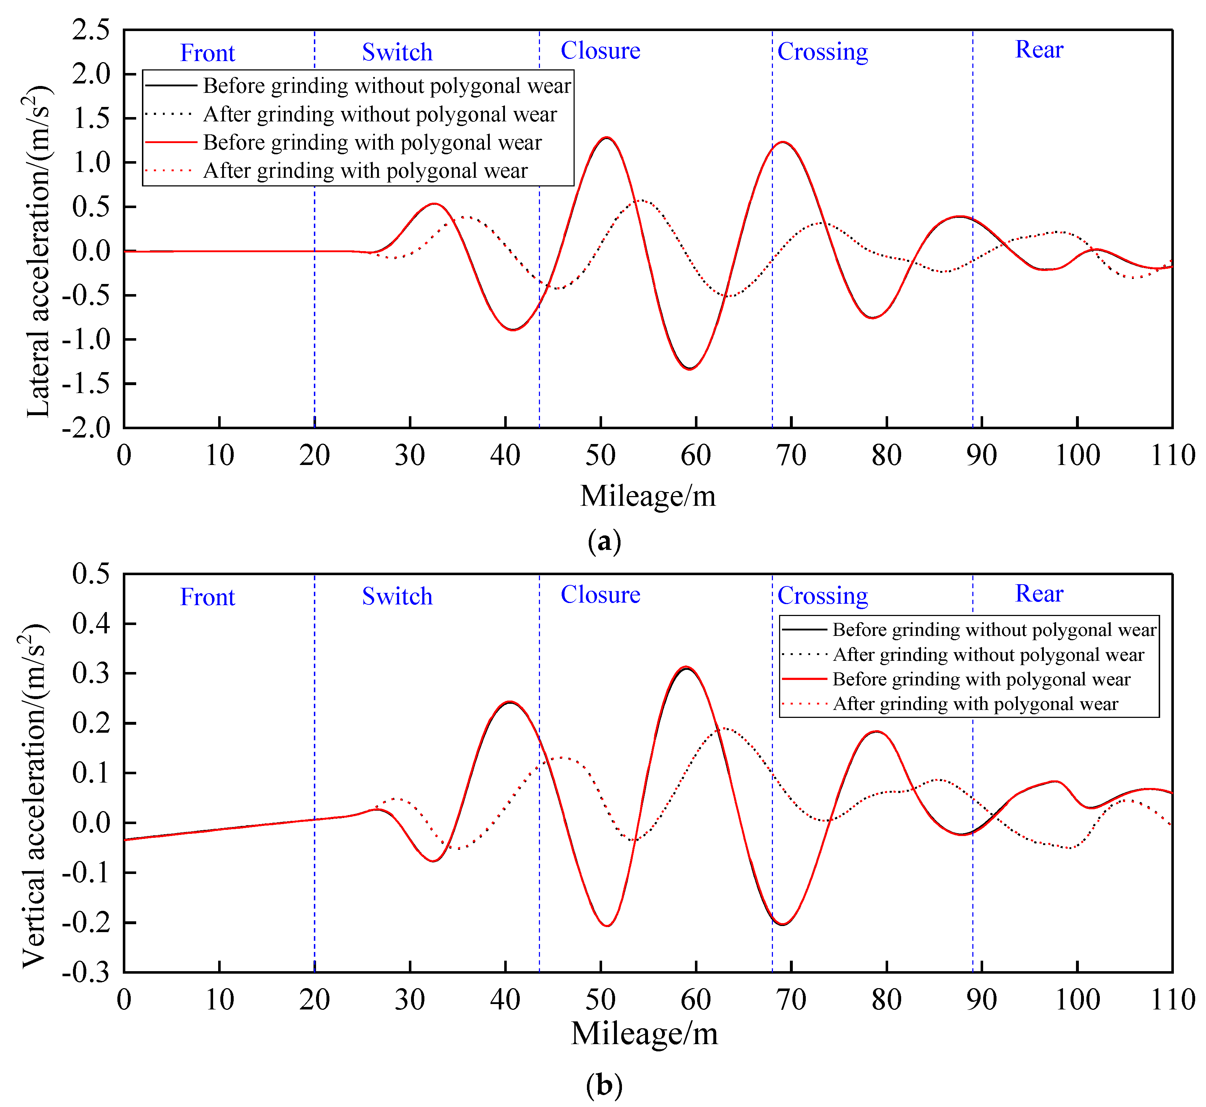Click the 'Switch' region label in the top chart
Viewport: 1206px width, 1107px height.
[397, 53]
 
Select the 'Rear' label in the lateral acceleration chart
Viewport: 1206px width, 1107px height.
[1039, 50]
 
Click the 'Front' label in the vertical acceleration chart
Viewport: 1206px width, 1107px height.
[207, 597]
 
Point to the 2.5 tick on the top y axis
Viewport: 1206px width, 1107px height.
[91, 30]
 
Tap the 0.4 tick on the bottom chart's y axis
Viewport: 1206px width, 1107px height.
[91, 624]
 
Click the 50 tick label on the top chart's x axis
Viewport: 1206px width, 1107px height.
[600, 456]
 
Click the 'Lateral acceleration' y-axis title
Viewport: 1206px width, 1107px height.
[39, 251]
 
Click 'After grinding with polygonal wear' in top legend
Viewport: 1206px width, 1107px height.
[365, 171]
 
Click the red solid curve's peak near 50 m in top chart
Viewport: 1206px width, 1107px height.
[606, 138]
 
